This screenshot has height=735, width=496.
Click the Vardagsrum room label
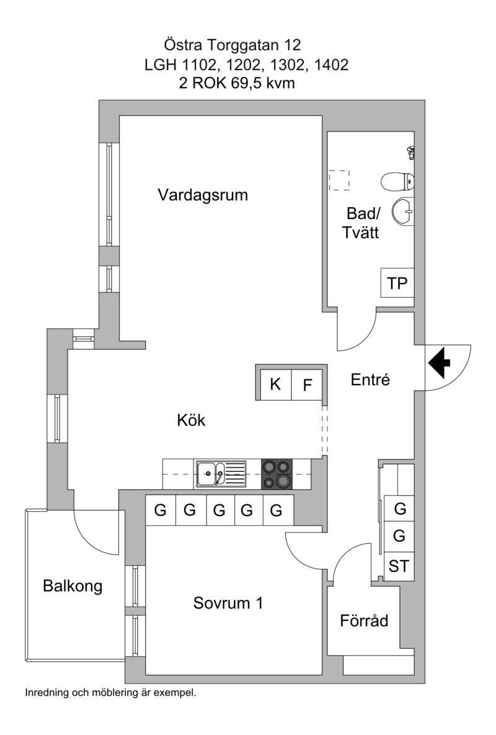pos(203,195)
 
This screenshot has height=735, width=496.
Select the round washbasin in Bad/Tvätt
pos(403,212)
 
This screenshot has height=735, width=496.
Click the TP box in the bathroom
pos(397,283)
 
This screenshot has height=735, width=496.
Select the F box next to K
pos(307,385)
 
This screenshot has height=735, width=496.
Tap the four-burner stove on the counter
pos(277,474)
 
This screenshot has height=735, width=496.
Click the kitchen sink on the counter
pos(221,474)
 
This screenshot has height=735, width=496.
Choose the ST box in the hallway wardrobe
pos(399,566)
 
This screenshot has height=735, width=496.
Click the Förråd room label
pos(364,620)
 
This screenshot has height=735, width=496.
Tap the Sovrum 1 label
pos(228,602)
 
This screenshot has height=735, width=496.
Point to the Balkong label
pos(73,586)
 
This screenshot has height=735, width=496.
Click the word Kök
pos(191,420)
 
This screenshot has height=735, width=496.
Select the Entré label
pos(370,380)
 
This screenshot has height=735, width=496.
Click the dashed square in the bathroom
pos(339,180)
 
